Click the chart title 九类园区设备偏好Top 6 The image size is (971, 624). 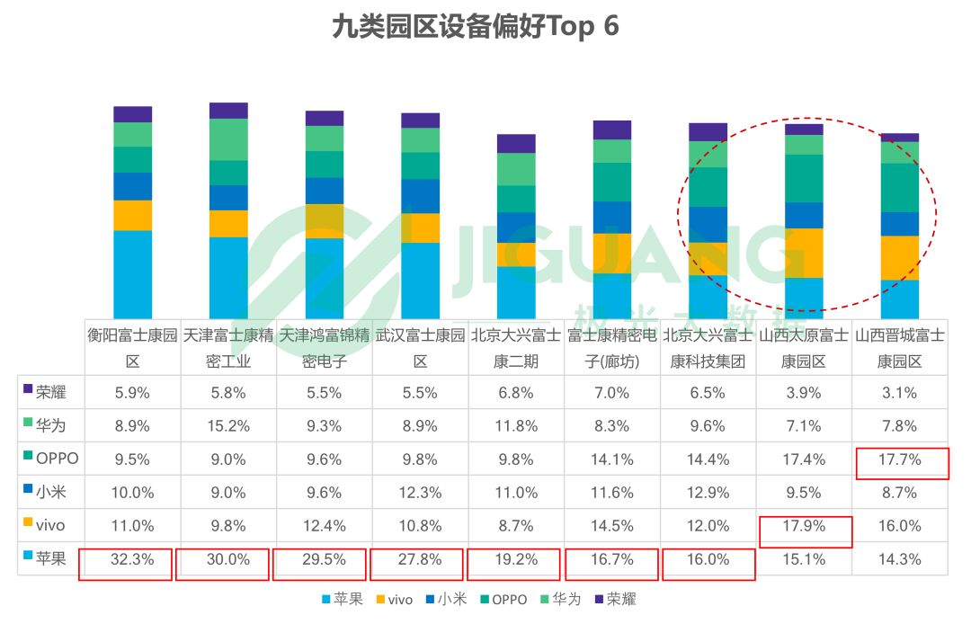tap(475, 27)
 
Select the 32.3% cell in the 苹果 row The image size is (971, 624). tap(132, 558)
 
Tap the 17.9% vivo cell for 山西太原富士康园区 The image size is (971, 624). tap(804, 525)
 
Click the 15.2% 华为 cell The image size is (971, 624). tap(228, 425)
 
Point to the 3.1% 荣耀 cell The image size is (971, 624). tap(899, 392)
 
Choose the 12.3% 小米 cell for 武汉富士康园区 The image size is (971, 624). tap(420, 492)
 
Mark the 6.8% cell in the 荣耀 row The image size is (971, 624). tap(516, 392)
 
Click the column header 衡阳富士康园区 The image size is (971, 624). tap(132, 349)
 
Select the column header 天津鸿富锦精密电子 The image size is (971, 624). tap(324, 349)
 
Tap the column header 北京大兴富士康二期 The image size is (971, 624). tap(516, 349)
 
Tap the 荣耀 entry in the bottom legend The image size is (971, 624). tap(615, 600)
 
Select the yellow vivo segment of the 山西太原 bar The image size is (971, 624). tap(804, 253)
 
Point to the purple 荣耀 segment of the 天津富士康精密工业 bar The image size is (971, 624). tap(228, 111)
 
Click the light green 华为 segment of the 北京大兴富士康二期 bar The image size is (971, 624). tap(516, 169)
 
